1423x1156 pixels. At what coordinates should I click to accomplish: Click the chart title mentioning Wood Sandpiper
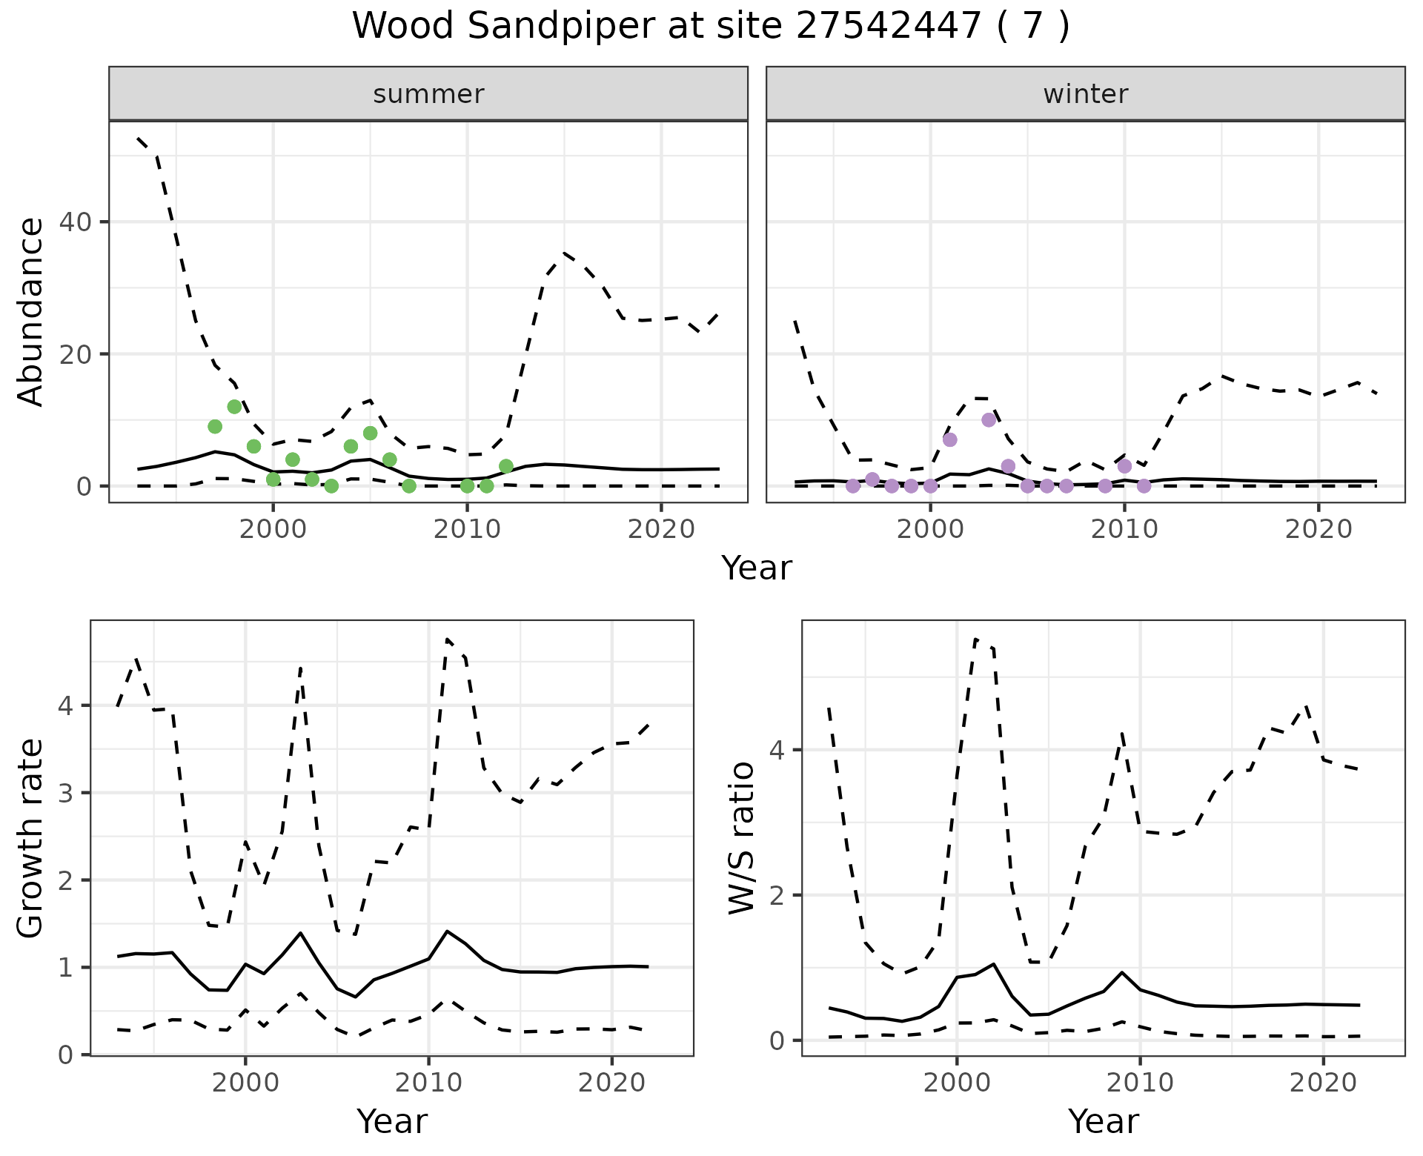click(711, 27)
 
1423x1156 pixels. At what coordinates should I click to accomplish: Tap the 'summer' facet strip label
click(428, 94)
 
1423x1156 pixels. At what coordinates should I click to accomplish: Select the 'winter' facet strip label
click(1085, 94)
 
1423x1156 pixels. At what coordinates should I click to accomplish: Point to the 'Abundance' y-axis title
click(30, 312)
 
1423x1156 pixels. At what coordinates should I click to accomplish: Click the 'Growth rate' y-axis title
click(30, 838)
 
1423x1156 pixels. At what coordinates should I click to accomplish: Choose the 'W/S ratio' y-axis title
click(742, 838)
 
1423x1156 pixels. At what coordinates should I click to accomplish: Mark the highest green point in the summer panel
click(234, 407)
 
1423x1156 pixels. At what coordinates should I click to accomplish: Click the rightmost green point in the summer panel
click(506, 466)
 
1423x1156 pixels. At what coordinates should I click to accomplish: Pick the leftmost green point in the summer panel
click(215, 426)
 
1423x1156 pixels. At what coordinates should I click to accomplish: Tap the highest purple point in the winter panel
click(989, 420)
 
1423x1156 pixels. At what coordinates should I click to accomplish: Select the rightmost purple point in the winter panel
click(1144, 486)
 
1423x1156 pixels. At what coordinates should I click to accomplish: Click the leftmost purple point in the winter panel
click(853, 486)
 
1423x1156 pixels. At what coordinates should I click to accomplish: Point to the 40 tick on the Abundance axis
click(83, 222)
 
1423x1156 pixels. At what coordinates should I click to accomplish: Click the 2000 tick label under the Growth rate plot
click(245, 1083)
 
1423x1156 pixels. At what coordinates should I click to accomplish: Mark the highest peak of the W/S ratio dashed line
click(975, 639)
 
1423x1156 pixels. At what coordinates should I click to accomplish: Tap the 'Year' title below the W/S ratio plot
click(1103, 1122)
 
